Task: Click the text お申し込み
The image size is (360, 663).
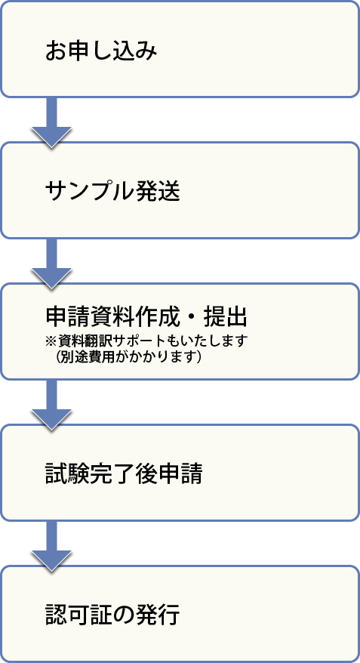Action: [x=101, y=51]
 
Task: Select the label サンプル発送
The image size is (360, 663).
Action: [x=112, y=193]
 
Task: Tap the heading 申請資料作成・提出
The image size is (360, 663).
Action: [x=146, y=318]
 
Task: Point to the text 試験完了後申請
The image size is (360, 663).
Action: [x=124, y=474]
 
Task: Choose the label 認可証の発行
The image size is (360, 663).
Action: [x=112, y=615]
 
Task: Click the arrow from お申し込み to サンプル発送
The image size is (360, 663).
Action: [x=51, y=122]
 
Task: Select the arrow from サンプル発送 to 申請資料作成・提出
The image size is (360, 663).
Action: [x=51, y=263]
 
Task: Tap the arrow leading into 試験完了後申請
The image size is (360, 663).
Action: [x=51, y=405]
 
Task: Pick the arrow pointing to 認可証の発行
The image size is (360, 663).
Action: [x=51, y=546]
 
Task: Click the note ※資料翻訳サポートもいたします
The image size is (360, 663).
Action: [x=146, y=341]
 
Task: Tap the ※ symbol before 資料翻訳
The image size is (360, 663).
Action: [x=51, y=341]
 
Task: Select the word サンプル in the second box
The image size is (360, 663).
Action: [x=91, y=193]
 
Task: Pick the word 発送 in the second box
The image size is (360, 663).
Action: [x=158, y=193]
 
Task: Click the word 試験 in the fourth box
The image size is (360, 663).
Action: [x=68, y=474]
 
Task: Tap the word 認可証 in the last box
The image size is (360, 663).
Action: [x=79, y=615]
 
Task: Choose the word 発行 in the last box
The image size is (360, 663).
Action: [x=158, y=615]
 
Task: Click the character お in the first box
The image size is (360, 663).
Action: [x=57, y=51]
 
